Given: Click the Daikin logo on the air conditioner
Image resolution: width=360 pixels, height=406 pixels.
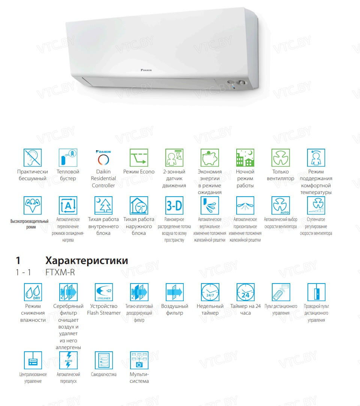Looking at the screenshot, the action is point(146,70).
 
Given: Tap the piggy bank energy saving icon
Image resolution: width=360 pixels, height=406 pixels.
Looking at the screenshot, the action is point(210,157).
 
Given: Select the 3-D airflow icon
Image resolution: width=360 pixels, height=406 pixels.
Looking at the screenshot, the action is point(174,205).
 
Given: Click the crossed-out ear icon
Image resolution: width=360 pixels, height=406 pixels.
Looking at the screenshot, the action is point(32,157).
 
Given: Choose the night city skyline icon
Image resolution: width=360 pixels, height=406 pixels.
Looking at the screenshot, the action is point(245,157).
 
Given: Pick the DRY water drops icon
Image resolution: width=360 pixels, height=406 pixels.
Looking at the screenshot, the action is point(33,292).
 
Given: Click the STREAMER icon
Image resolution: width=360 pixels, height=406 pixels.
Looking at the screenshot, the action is point(103,292).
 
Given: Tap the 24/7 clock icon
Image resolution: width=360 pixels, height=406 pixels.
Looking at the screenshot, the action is point(210,292).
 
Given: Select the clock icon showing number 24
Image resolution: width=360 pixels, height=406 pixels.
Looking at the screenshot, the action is point(246,292).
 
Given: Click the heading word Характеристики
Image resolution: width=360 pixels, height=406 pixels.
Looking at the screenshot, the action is point(87,260).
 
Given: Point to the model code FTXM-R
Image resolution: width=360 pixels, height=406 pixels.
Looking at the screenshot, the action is point(60,272).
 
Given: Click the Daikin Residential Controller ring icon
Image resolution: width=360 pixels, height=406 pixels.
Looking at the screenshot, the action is point(103,160).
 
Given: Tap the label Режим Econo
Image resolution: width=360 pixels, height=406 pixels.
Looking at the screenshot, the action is point(139,172).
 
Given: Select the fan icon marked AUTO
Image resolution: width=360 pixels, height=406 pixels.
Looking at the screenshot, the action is point(280,205).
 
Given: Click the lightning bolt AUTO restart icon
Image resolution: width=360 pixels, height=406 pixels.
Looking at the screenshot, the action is point(68,360).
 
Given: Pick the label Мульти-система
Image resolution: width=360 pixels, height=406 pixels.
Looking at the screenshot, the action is point(139,378).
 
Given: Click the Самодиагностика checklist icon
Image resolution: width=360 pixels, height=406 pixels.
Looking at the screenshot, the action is point(103,360).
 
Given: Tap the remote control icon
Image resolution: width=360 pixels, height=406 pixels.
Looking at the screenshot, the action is point(281,292).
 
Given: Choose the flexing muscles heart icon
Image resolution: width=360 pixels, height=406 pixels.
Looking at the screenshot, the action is point(32,205).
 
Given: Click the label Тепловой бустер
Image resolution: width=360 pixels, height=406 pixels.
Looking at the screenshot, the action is point(68,175).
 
